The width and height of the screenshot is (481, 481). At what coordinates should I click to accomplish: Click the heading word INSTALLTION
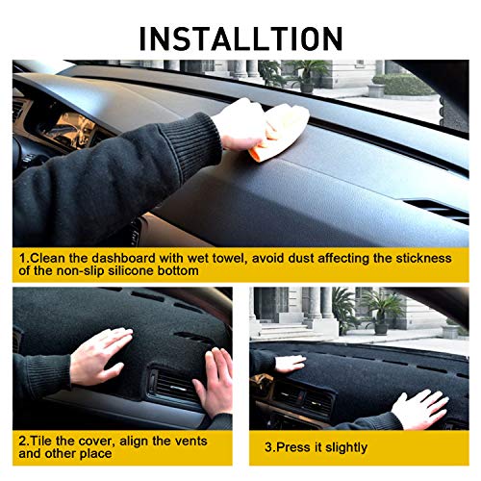pos(240,38)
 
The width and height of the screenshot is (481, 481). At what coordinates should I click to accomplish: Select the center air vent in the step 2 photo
pos(174,385)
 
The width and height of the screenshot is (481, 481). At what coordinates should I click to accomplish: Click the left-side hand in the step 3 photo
pos(288,363)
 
